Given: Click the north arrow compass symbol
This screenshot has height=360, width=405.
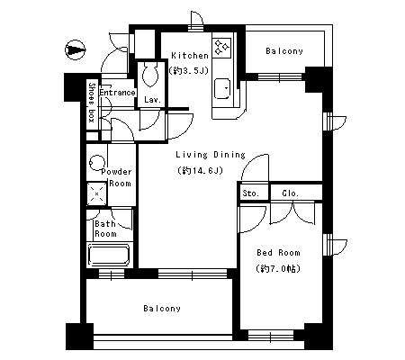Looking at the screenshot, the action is coord(76,49).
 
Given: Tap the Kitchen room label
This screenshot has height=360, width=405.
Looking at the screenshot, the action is coord(190,56).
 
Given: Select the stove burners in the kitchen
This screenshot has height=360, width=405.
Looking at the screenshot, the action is coord(222,48).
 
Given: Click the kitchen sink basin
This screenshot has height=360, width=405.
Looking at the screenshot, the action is coord(222,88).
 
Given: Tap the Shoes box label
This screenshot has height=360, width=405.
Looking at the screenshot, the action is coord(92,103).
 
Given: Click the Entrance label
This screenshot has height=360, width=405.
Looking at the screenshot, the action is coord(117,93).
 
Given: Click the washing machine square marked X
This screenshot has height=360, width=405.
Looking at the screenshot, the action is coord(96,193).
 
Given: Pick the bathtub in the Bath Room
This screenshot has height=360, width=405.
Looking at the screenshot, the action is coord(110,256).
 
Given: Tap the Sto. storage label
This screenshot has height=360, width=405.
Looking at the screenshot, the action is coord(251,193).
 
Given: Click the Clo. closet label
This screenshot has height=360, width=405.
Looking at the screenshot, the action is coord(291,193).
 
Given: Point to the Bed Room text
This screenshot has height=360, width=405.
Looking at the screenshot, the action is coord(278,253).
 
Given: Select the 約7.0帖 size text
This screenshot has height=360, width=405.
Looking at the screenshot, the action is coord(278,268).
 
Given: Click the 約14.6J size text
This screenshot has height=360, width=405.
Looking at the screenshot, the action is coord(201,170).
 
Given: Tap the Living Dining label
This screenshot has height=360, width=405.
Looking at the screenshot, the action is coord(211,155).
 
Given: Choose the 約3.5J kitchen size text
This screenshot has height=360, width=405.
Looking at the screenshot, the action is coord(189,71).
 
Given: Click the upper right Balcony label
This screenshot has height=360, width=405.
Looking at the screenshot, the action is coord(284,51).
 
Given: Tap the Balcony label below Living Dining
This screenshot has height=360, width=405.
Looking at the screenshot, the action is coord(162,309).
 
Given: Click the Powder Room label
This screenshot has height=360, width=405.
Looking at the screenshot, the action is coord(117,177).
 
